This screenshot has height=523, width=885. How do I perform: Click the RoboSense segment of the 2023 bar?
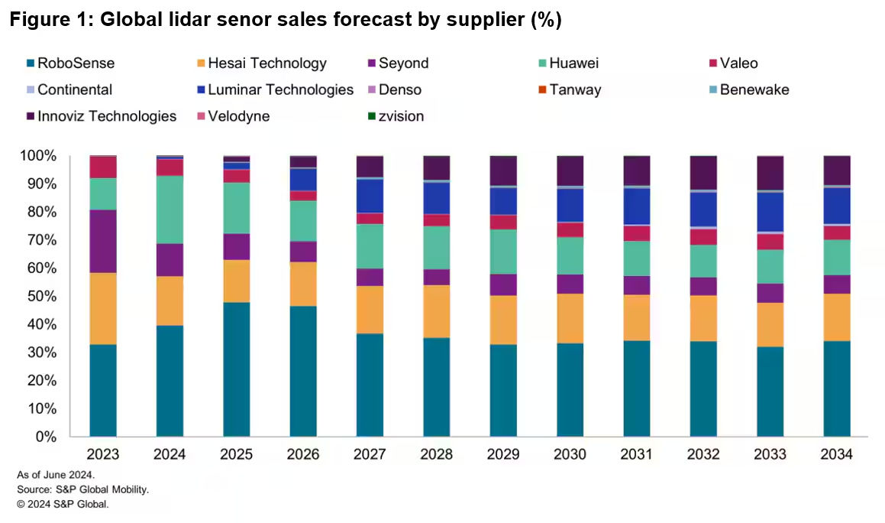click(103, 390)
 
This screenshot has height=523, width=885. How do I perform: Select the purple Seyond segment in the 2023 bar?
click(103, 241)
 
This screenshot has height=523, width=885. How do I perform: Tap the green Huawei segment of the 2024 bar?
click(170, 210)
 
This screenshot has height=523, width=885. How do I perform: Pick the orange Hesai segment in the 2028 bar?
click(437, 311)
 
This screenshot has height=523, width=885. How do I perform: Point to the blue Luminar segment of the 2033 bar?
click(770, 212)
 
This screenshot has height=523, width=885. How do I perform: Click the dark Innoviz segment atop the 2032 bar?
click(703, 173)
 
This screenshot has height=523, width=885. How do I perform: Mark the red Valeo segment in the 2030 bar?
click(570, 229)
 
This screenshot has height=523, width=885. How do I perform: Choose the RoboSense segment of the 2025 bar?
click(236, 369)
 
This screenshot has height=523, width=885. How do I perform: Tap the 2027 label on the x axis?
click(370, 455)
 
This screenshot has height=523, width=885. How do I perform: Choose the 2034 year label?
click(836, 455)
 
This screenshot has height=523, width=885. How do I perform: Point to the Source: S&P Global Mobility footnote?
click(82, 489)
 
